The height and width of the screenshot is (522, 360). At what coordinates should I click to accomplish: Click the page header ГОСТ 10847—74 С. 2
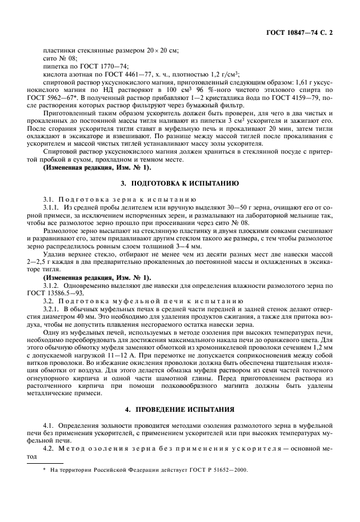(x=298, y=33)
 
